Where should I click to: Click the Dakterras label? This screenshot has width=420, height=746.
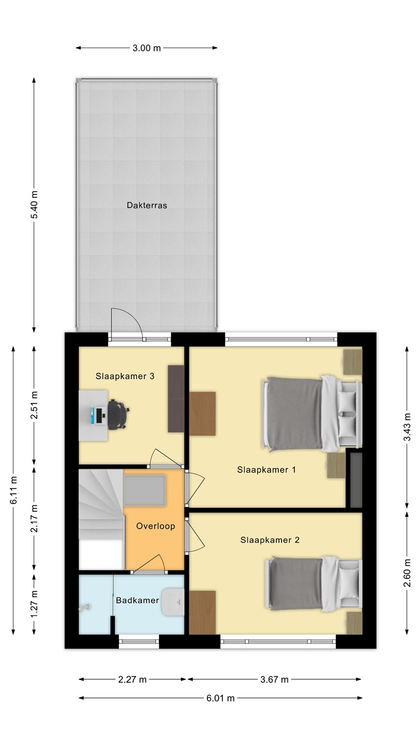coord(147,205)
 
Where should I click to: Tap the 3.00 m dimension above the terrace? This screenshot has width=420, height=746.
coord(147,48)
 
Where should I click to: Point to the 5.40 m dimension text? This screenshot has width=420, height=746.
coord(34,205)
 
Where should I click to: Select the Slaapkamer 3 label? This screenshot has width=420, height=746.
coord(125,376)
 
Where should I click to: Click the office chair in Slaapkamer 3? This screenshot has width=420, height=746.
coord(118,414)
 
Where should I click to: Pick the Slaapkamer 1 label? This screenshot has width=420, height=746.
coord(267,469)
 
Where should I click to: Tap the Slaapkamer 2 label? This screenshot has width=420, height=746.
coord(270,540)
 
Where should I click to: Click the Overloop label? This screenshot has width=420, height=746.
coord(156,526)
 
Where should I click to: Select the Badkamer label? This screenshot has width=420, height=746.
coord(137,600)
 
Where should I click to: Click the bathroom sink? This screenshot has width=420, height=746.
coord(173,602)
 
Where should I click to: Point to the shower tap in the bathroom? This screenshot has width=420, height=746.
coord(85,607)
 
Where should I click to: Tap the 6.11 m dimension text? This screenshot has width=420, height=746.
coord(13,490)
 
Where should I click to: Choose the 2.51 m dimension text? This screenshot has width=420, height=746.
coord(34,405)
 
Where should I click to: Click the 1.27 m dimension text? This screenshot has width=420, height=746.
coord(34,604)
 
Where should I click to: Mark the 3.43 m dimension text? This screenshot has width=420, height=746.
coord(407,427)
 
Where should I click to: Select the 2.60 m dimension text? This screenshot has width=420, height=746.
coord(407,573)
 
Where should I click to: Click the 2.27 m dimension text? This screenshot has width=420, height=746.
coord(132,679)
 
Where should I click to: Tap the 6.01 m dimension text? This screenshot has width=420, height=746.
coord(220,698)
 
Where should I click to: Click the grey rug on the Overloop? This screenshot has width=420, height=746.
coord(145,491)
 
